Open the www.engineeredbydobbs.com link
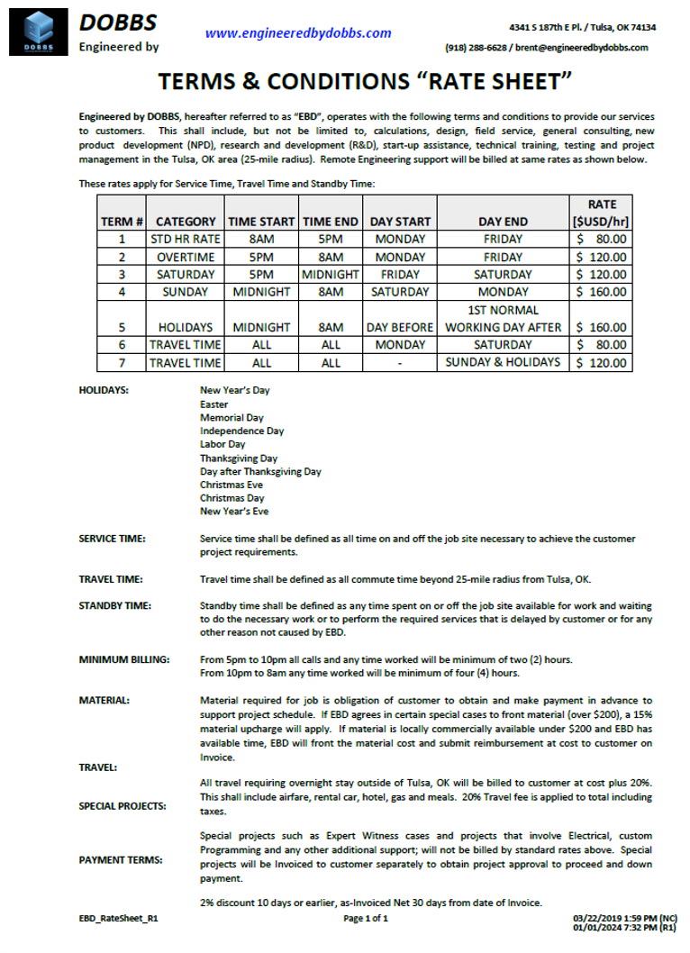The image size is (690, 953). [x=298, y=33]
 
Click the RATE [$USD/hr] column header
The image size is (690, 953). [x=601, y=213]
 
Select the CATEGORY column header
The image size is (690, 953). [x=186, y=222]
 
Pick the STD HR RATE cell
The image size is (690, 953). [x=186, y=240]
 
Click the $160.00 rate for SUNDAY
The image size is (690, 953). [x=601, y=292]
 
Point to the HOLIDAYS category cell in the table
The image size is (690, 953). [x=186, y=327]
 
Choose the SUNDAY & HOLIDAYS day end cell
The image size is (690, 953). [x=503, y=362]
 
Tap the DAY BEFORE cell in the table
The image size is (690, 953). [x=400, y=327]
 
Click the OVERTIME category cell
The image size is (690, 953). [x=186, y=257]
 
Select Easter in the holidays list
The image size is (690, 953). [x=214, y=404]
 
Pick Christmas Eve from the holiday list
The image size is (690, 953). [x=232, y=485]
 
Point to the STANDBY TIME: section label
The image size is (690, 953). [x=115, y=606]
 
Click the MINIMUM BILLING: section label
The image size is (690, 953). [x=124, y=660]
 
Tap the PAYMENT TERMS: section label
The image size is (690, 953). [x=121, y=859]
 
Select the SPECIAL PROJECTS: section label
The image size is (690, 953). [x=123, y=806]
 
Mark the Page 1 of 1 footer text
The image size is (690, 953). [x=366, y=919]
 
